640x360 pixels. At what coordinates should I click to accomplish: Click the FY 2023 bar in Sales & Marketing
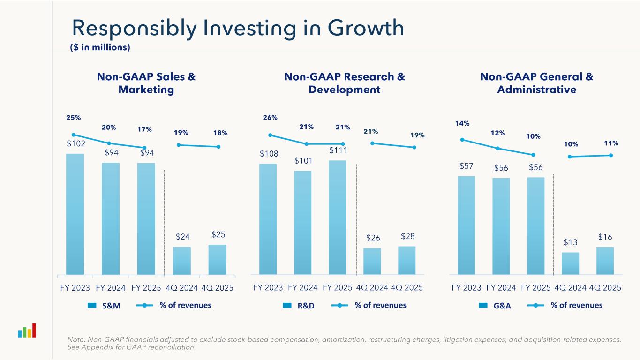(x=75, y=214)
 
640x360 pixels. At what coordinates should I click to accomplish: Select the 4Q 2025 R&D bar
(x=407, y=260)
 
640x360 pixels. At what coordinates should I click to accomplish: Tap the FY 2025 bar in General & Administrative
(x=535, y=225)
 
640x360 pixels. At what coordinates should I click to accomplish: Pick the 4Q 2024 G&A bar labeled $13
(x=570, y=263)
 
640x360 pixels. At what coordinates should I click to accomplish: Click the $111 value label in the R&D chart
(x=337, y=150)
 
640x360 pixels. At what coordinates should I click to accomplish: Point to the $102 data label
(x=75, y=143)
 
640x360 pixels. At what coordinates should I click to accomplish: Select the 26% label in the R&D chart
(x=270, y=117)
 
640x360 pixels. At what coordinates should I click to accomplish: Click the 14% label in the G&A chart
(x=462, y=123)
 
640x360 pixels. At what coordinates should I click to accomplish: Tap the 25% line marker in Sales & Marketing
(x=74, y=135)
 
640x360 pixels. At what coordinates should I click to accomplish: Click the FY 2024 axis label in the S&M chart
(x=111, y=287)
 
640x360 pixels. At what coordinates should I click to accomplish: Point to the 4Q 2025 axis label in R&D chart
(x=407, y=287)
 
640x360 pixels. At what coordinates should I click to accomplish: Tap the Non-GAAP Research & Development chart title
(x=345, y=83)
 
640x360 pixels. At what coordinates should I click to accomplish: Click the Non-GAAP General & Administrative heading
(x=537, y=83)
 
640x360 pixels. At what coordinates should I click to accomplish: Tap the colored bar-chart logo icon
(x=27, y=330)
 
